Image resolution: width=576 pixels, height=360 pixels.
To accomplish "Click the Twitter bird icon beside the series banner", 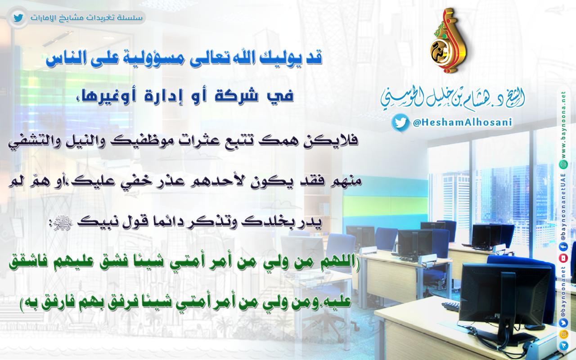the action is pos(18,18).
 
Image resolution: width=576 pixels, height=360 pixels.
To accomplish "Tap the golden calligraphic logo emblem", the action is pos(447,41).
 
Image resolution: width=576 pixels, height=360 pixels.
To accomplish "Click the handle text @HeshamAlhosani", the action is pos(462,123).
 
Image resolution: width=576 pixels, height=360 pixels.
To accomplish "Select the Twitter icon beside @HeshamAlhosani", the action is pos(400,123).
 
